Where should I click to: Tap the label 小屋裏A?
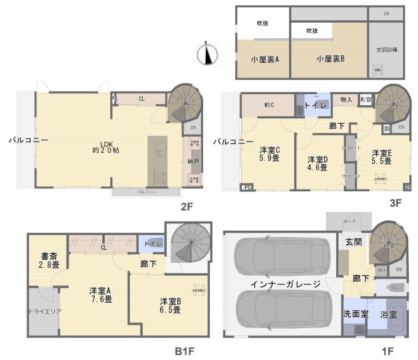click(x=265, y=60)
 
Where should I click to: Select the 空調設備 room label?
click(x=387, y=50)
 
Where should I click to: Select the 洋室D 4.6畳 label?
click(x=318, y=164)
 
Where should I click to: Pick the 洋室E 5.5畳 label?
click(x=382, y=156)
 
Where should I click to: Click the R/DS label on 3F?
click(x=366, y=100)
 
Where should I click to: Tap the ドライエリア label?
click(x=44, y=311)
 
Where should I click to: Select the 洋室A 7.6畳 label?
click(x=100, y=295)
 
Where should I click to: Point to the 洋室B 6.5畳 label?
click(x=171, y=305)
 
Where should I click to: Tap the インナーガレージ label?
click(x=285, y=284)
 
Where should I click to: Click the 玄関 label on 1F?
click(x=353, y=242)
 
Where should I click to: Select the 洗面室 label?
click(x=355, y=314)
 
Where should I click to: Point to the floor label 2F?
click(x=187, y=207)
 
